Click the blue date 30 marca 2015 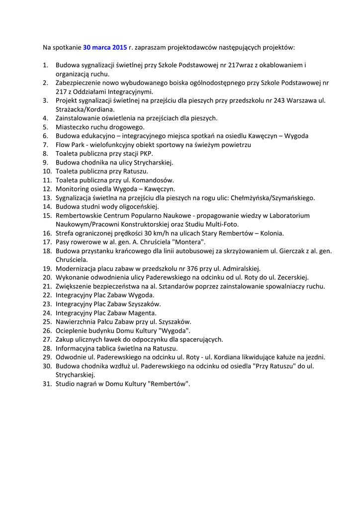pyautogui.click(x=105, y=48)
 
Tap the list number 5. pyautogui.click(x=45, y=127)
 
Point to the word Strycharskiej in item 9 pyautogui.click(x=153, y=163)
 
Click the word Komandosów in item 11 pyautogui.click(x=155, y=180)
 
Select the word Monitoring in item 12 pyautogui.click(x=72, y=189)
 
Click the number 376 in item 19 pyautogui.click(x=192, y=269)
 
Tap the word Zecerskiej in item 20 pyautogui.click(x=291, y=278)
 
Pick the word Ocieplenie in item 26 pyautogui.click(x=70, y=331)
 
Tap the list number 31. pyautogui.click(x=47, y=384)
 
